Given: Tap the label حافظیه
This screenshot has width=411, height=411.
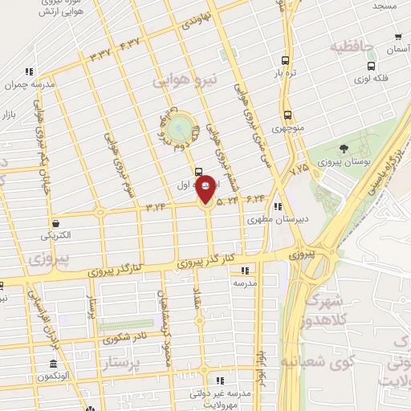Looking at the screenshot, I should tap(352, 46).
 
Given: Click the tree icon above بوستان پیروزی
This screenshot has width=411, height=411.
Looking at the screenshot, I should tap(344, 149).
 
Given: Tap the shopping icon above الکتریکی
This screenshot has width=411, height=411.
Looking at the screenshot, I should tap(56, 223).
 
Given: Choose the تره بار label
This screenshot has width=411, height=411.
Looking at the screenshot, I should tap(287, 74).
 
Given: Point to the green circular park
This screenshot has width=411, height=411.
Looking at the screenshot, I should tap(182, 126).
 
